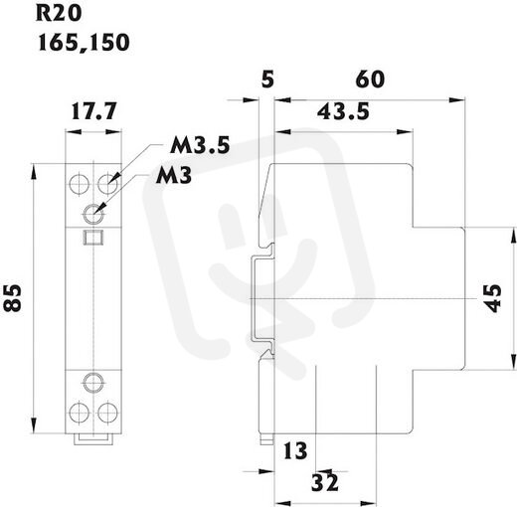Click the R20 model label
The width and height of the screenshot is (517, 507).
click(59, 14)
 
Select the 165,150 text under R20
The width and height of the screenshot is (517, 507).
click(84, 43)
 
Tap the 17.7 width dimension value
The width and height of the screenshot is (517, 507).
click(94, 111)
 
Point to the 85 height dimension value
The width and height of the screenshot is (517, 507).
click(13, 297)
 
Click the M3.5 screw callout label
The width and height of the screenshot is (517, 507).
click(200, 145)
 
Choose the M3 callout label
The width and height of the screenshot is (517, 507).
click(174, 175)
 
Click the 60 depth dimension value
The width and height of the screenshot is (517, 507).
click(370, 80)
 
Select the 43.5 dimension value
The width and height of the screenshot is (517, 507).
click(343, 111)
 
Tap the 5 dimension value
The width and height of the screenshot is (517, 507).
click(267, 80)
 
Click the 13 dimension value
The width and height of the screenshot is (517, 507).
click(295, 451)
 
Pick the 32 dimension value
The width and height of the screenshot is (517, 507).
click(325, 482)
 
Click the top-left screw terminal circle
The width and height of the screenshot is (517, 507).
click(80, 183)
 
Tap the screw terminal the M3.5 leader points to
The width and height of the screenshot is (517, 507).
click(108, 183)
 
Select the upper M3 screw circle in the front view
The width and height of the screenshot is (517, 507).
click(93, 214)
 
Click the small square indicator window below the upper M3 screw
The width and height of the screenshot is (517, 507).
click(93, 238)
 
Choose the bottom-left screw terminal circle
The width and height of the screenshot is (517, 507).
click(80, 412)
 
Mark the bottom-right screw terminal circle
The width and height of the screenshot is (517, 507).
click(108, 412)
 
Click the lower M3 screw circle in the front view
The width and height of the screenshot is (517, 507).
click(93, 383)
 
